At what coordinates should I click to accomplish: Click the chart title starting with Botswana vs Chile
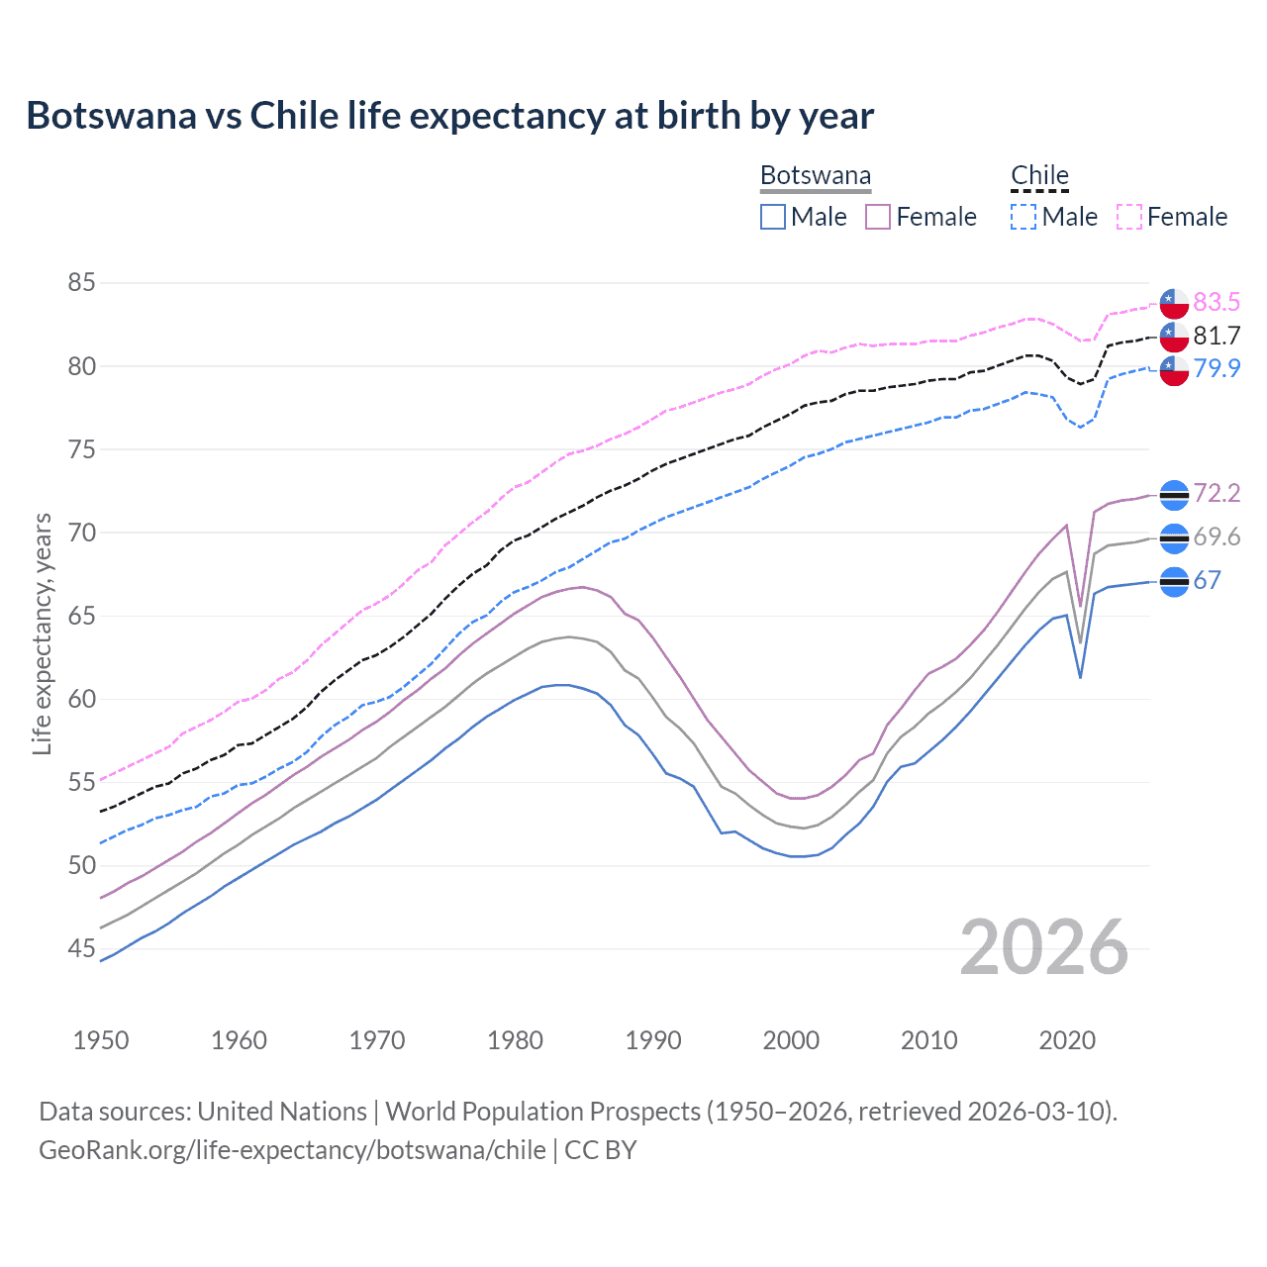click(449, 116)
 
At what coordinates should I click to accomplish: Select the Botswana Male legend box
click(773, 217)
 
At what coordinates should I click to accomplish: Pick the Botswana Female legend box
click(878, 217)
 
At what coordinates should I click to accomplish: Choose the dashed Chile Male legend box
click(1023, 217)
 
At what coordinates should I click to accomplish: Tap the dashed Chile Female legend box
click(1129, 217)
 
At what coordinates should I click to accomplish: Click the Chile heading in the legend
click(1039, 176)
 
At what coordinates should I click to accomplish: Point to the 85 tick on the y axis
click(81, 283)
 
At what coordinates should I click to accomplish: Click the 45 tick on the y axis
click(81, 949)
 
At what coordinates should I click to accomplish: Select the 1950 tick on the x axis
click(101, 1040)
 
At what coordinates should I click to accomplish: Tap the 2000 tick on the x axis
click(791, 1040)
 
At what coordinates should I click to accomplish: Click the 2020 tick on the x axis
click(1067, 1040)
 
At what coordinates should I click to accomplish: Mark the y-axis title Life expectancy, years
click(43, 633)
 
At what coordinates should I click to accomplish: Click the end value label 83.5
click(1217, 302)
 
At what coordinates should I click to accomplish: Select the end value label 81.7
click(1217, 336)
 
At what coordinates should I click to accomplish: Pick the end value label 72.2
click(1217, 493)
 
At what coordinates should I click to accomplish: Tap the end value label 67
click(1207, 581)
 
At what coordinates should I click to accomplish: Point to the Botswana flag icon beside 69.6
click(1174, 538)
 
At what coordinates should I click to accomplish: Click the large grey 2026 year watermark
click(1044, 947)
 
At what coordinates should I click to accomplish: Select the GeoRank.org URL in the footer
click(292, 1150)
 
